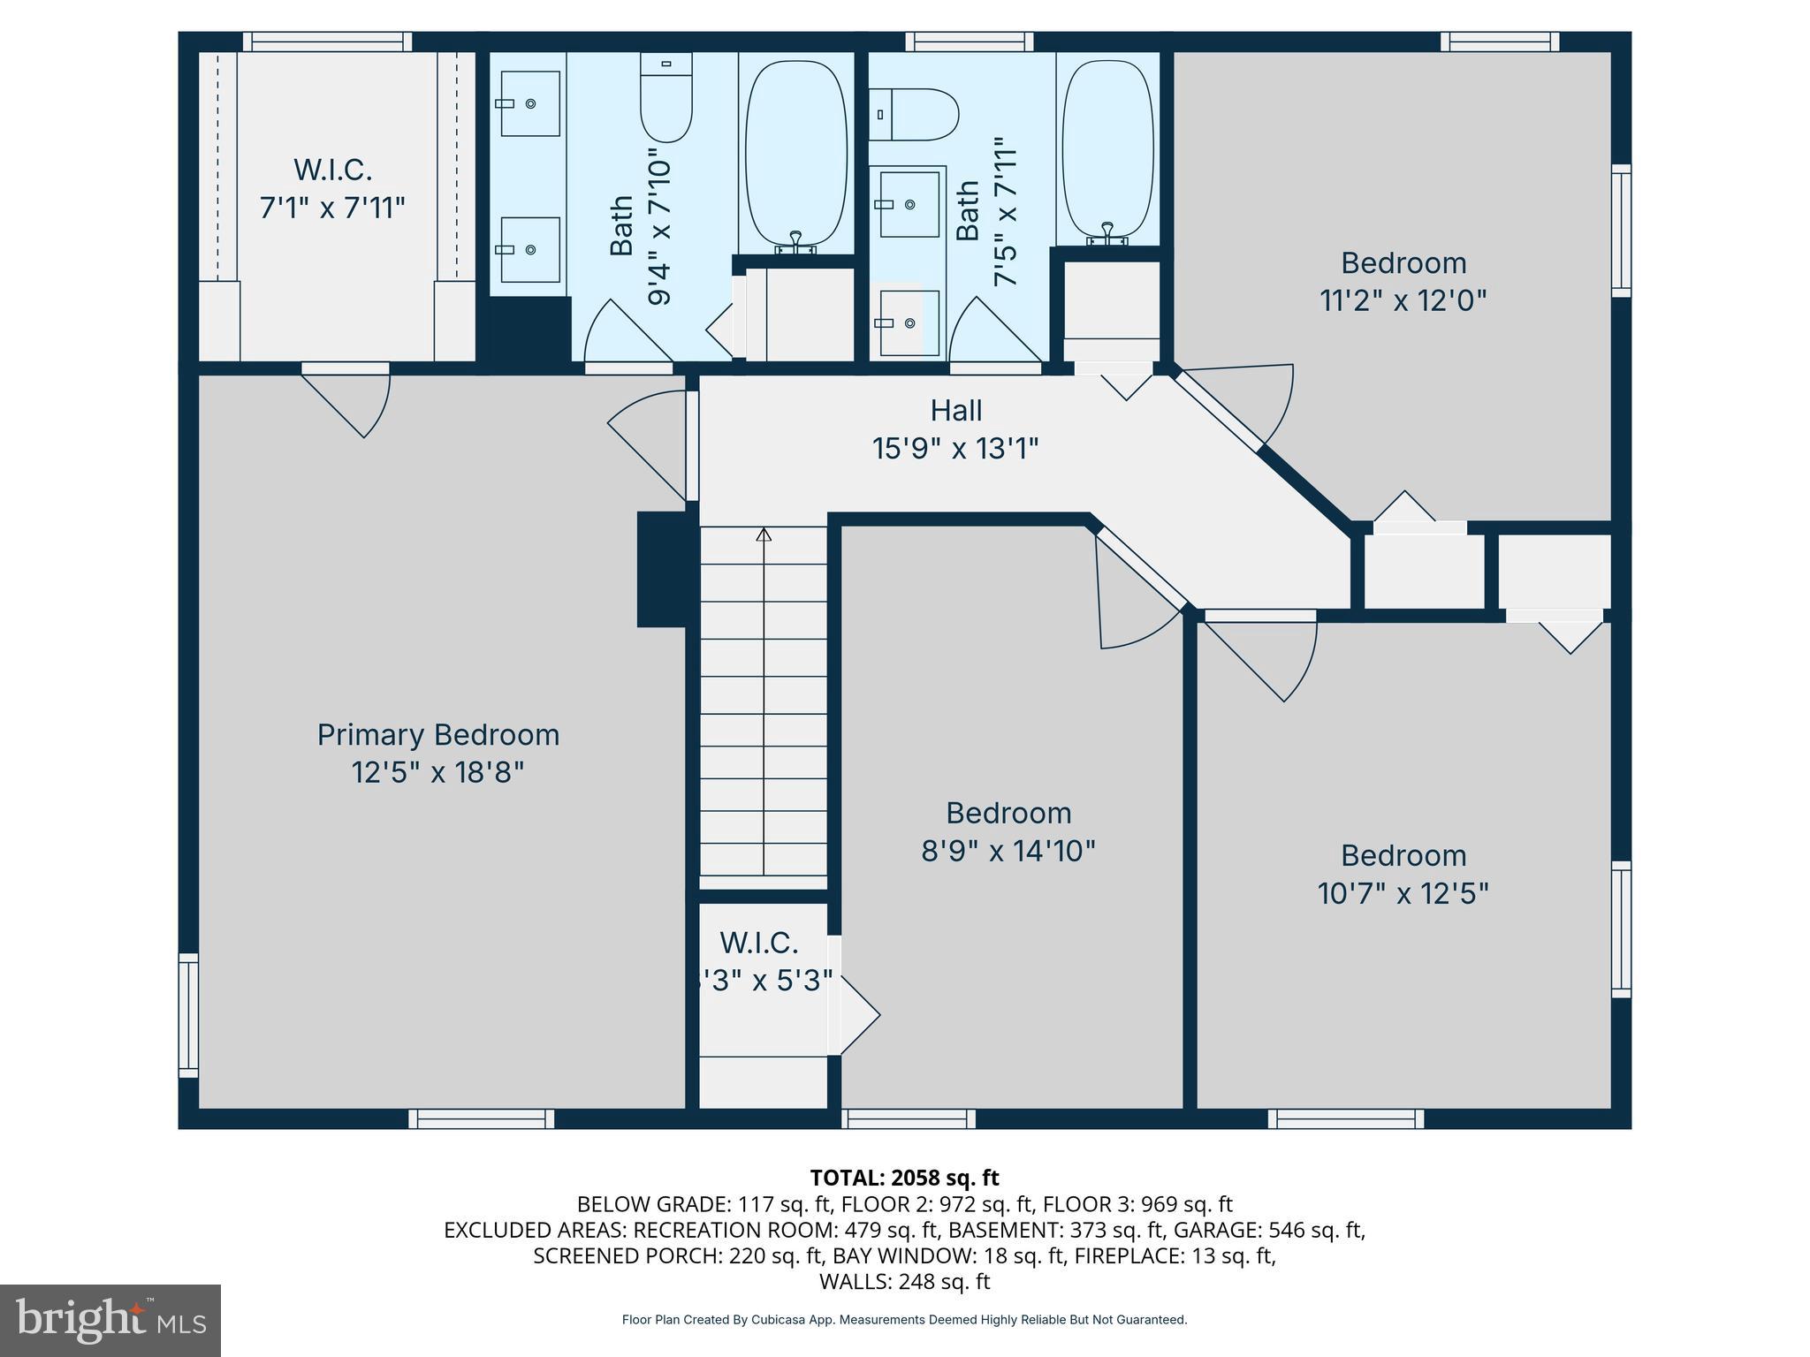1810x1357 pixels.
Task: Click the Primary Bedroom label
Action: point(437,735)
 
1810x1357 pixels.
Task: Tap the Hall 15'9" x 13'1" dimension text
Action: point(954,449)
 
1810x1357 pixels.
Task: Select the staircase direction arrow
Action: point(764,534)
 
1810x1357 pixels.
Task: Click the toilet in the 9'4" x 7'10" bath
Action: point(665,98)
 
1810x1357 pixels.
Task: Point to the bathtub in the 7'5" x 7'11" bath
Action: point(1107,150)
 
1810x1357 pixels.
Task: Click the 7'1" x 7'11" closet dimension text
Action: point(331,208)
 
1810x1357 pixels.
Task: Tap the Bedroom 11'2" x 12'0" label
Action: point(1403,282)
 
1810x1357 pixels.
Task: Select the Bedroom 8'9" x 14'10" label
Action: point(1008,831)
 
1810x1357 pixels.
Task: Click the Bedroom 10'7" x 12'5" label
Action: point(1403,874)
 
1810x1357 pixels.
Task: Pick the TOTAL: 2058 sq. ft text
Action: point(904,1178)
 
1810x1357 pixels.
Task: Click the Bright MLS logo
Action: point(110,1320)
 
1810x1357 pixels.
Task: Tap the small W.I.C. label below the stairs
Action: point(758,944)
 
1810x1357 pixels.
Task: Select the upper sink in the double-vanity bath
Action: point(529,103)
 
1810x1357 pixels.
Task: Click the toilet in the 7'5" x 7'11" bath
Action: point(915,115)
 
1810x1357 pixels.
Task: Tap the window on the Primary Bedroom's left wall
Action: point(188,1014)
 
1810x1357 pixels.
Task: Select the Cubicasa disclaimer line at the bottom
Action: point(904,1320)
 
